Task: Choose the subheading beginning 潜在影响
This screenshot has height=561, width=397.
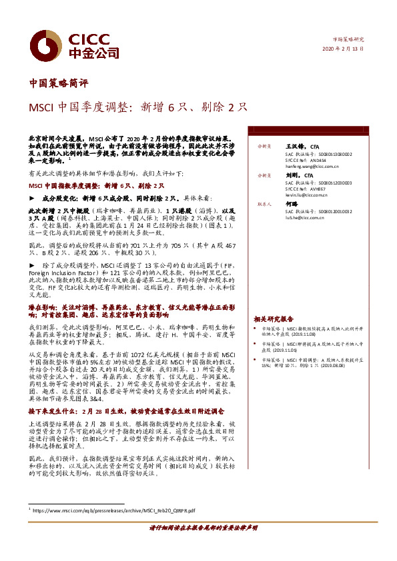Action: click(127, 309)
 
